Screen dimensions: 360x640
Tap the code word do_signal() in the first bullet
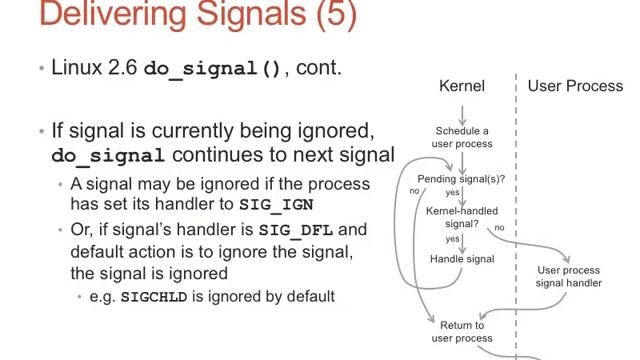[x=213, y=70]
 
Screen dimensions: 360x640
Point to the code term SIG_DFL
[x=294, y=229]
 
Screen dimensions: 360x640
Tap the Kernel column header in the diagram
[x=462, y=86]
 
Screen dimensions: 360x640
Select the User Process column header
[x=575, y=86]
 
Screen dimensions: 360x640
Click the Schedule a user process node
[x=462, y=137]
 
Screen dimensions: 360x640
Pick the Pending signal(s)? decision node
[x=461, y=179]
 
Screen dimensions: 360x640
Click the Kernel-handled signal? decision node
[x=462, y=218]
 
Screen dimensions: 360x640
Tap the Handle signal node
[x=462, y=259]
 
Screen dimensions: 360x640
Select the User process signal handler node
[x=569, y=276]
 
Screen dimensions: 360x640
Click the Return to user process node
[x=462, y=331]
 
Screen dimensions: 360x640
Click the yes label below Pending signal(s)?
[x=453, y=192]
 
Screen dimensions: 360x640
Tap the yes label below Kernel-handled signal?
[x=453, y=239]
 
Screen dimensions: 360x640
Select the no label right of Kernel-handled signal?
[x=499, y=228]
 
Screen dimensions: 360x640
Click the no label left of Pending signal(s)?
[x=414, y=190]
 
